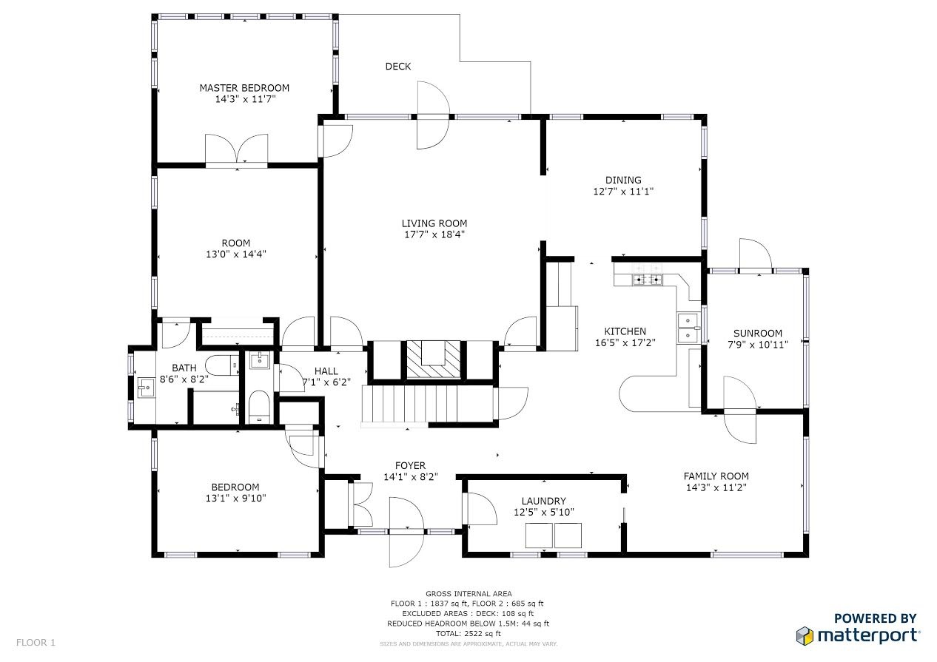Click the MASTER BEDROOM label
tap(244, 88)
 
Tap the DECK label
tap(397, 67)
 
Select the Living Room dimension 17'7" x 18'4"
tap(434, 234)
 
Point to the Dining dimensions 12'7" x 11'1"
tap(623, 192)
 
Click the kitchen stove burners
tap(648, 279)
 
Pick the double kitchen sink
tap(688, 328)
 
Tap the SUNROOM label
tap(758, 334)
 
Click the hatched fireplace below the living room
tap(434, 359)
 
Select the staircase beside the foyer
tap(427, 404)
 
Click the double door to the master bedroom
tap(236, 149)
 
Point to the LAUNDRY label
tap(544, 501)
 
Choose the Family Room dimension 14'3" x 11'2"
tap(716, 487)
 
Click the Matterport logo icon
tap(805, 635)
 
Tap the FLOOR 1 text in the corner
tap(36, 642)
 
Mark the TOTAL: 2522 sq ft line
tap(468, 634)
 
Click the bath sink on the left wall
tap(147, 388)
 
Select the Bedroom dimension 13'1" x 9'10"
tap(235, 499)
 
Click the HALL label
tap(326, 371)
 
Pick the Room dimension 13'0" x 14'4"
tap(236, 254)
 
